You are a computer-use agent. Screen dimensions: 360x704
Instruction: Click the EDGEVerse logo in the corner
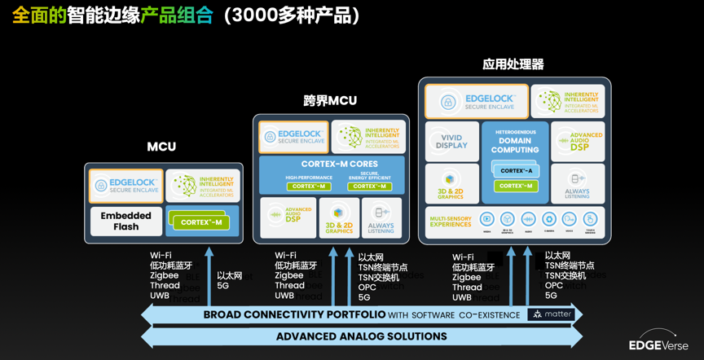658,345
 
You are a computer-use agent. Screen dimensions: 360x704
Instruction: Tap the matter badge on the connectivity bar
552,314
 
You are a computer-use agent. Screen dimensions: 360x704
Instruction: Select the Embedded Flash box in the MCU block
125,222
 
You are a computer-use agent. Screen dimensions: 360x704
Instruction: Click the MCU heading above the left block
161,147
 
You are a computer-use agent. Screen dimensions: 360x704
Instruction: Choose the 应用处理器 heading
513,64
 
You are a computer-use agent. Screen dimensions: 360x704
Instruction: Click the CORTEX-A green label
517,171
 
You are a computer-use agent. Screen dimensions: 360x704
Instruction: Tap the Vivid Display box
452,142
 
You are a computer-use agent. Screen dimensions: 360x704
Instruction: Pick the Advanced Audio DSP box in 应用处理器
578,142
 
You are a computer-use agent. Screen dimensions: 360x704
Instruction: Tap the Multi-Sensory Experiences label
450,219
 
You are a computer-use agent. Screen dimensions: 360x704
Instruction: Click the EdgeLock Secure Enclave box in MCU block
125,185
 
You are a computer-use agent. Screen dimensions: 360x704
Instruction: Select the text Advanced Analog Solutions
361,336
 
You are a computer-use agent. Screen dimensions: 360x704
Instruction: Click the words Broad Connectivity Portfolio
293,314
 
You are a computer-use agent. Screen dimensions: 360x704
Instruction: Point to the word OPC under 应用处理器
553,286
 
